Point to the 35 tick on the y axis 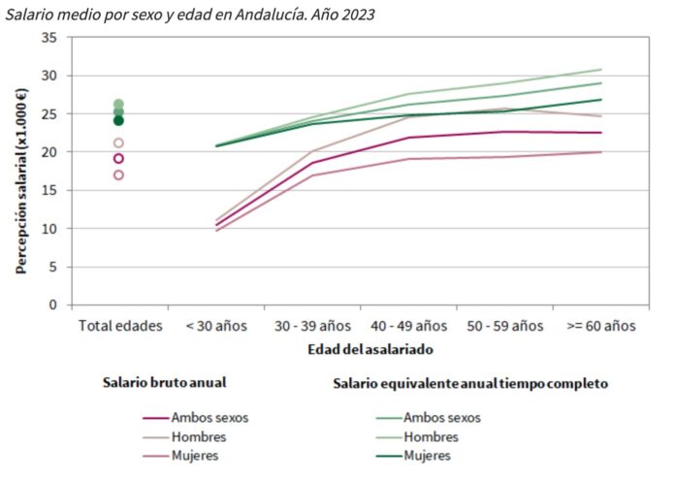pos(50,37)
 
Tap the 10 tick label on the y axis pos(50,229)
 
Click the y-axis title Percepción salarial pos(21,180)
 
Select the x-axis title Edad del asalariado pos(370,348)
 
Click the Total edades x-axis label pos(119,326)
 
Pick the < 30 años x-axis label pos(216,326)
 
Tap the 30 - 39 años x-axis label pos(312,326)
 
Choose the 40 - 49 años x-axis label pos(408,326)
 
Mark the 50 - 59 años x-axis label pos(504,326)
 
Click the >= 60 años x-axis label pos(600,326)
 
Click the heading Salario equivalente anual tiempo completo pos(470,383)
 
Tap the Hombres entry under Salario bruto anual pos(198,436)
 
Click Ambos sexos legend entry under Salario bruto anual pos(209,418)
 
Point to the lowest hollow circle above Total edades pos(118,175)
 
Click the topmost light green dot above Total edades pos(118,104)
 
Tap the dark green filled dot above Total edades pos(118,121)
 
